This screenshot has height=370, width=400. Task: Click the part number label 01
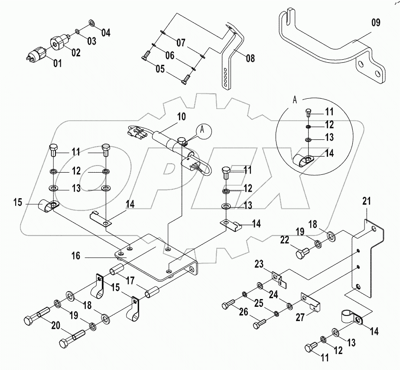point(58,64)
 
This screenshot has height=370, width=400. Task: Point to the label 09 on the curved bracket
point(375,23)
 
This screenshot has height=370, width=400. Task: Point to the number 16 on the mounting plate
point(76,256)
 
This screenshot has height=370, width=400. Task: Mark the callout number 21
point(367,201)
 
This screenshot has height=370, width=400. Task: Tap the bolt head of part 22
point(299,253)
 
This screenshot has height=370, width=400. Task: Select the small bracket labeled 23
point(276,276)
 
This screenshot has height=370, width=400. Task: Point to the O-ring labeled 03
point(77,31)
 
